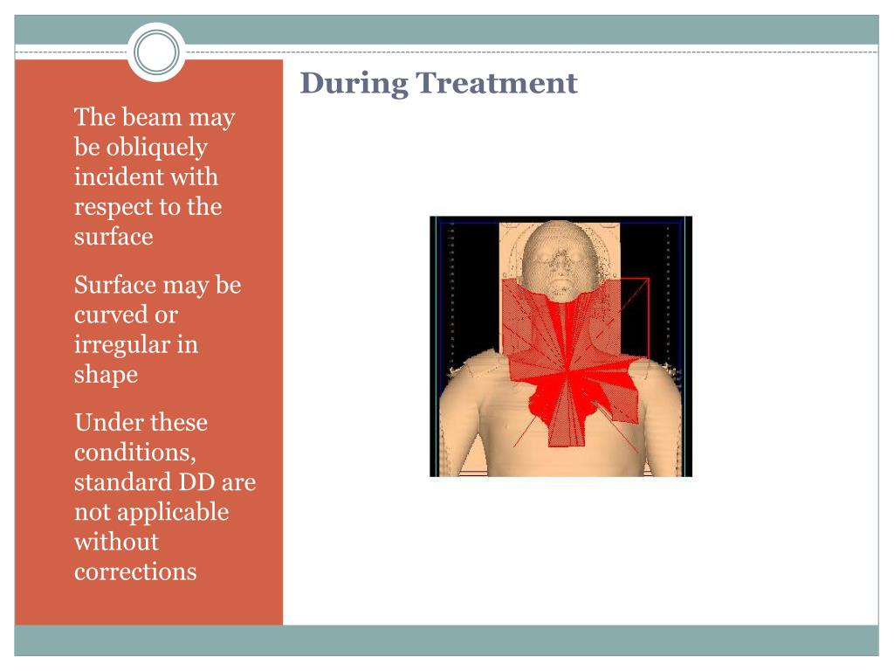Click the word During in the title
point(354,84)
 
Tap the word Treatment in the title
point(497,83)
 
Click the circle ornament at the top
point(156,52)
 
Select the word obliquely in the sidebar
point(157,147)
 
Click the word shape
point(106,375)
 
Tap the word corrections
point(135,571)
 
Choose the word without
point(116,542)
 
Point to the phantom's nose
point(560,268)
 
